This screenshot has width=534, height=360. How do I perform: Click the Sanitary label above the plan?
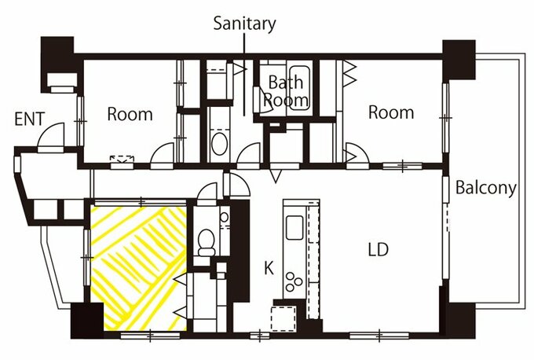244,24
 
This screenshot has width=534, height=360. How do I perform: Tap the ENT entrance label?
30,119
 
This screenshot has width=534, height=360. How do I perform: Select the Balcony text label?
486,188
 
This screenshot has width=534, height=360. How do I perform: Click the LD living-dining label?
379,249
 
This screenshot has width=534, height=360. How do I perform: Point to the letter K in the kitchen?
269,268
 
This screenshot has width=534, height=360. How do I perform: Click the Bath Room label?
286,91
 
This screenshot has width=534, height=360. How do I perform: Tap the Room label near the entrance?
130,114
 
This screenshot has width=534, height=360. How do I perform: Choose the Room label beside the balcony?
391,112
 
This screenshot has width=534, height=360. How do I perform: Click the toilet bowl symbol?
207,242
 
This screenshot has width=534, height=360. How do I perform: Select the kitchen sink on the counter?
294,227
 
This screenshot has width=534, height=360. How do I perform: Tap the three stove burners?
294,282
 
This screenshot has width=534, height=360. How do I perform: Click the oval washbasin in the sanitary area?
220,144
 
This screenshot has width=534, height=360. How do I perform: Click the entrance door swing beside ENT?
51,136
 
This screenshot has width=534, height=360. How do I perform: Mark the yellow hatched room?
139,268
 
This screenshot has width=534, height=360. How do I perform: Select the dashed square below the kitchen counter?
283,319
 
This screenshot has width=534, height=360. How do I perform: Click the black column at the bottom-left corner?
87,321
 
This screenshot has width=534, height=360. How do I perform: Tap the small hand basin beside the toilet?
224,217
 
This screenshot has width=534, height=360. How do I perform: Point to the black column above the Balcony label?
459,60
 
